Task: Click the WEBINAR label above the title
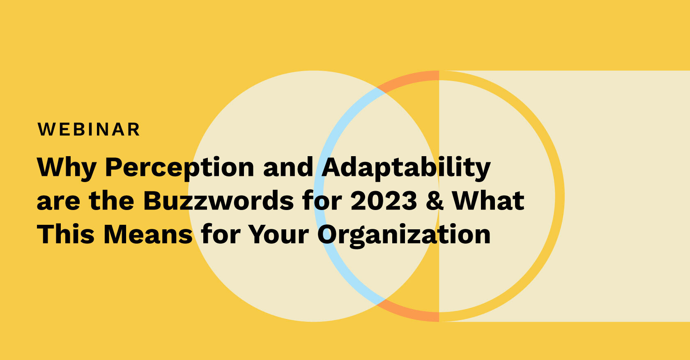click(x=89, y=129)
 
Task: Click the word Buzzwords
click(x=218, y=201)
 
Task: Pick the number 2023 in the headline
click(x=384, y=201)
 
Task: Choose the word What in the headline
click(x=488, y=201)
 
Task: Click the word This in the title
click(x=66, y=234)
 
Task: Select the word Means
click(x=148, y=234)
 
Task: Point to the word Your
click(x=278, y=234)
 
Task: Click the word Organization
click(x=404, y=236)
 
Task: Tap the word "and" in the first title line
click(x=288, y=167)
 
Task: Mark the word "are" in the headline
click(x=58, y=203)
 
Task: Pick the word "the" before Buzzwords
click(x=112, y=201)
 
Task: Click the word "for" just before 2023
click(x=322, y=201)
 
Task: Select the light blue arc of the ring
click(x=320, y=196)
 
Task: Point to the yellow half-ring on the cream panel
click(x=560, y=196)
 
